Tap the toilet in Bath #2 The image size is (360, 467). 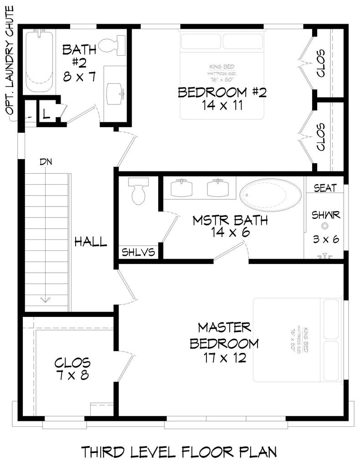click(x=112, y=45)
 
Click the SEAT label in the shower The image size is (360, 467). click(x=325, y=187)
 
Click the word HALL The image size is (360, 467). click(x=91, y=242)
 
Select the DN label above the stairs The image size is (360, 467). click(x=46, y=162)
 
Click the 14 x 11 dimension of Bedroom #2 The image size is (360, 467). click(x=222, y=106)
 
